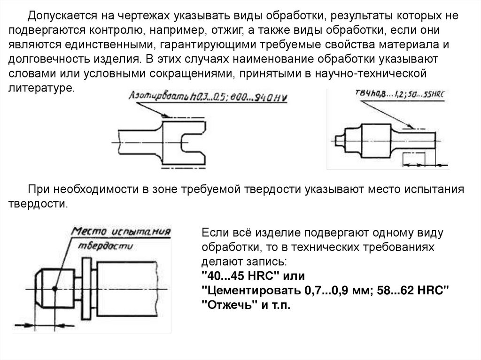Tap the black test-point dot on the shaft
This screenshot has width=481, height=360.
(55, 288)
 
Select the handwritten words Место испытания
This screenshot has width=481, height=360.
(122, 231)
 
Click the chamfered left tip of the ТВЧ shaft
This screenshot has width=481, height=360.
(339, 139)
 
